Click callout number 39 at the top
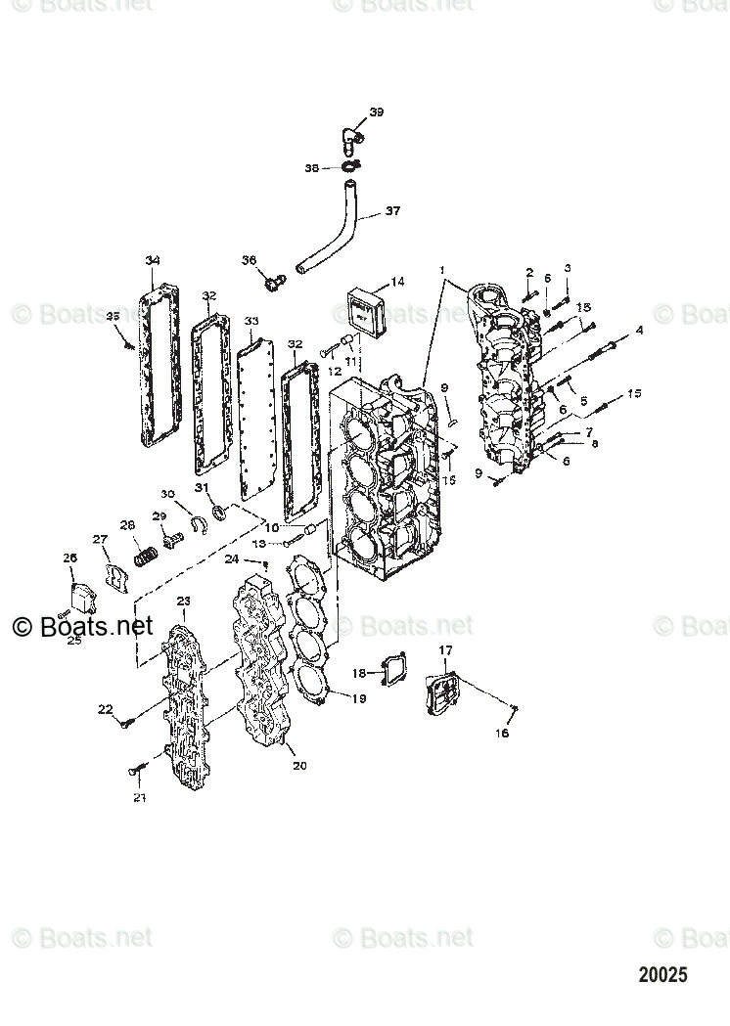click(x=377, y=112)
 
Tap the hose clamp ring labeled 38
click(x=351, y=167)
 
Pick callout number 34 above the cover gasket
click(x=152, y=260)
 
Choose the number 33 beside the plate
click(x=251, y=321)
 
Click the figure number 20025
click(x=663, y=975)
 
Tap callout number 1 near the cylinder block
click(x=441, y=269)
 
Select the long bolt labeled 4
click(x=592, y=350)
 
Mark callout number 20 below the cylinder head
click(x=299, y=765)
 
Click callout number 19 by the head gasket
click(x=359, y=698)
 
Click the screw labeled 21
click(x=136, y=772)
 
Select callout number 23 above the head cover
click(x=183, y=601)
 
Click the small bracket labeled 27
click(x=116, y=575)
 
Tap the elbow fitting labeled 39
click(x=351, y=137)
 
